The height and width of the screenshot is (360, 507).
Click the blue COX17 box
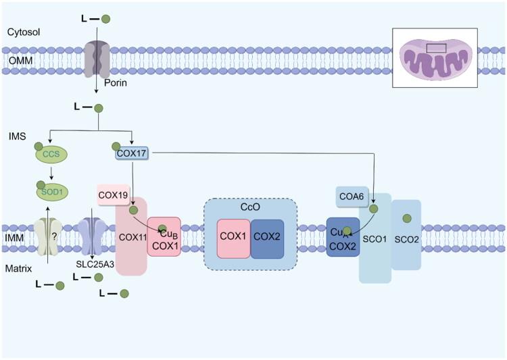tap(132, 154)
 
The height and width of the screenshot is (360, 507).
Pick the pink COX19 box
tap(113, 196)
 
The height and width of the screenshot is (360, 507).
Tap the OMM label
tap(17, 62)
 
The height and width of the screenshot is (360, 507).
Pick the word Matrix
tap(19, 268)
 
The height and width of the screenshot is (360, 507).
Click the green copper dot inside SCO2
tap(406, 218)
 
